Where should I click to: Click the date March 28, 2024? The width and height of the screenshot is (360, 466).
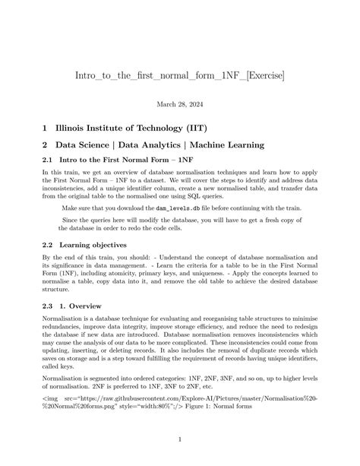[180, 107]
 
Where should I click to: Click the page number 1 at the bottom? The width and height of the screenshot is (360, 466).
[180, 439]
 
